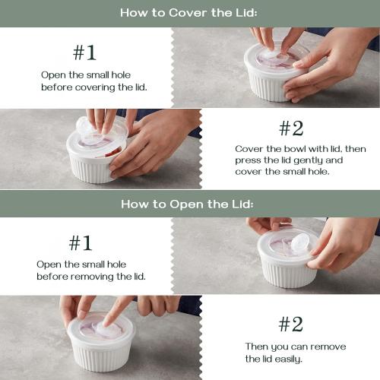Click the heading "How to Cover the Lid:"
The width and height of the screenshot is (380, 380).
coord(189,13)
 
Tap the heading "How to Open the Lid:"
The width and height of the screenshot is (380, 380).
coord(189,204)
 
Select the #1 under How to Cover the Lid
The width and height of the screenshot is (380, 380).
coord(84,52)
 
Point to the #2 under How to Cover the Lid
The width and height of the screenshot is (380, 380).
coord(290,128)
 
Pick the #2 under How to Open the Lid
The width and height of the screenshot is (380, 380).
coord(290,325)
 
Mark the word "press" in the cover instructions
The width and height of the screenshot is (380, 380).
coord(248,160)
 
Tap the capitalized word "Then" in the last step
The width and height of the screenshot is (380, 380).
coord(257,347)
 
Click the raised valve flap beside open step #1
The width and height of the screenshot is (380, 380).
coord(299,242)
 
